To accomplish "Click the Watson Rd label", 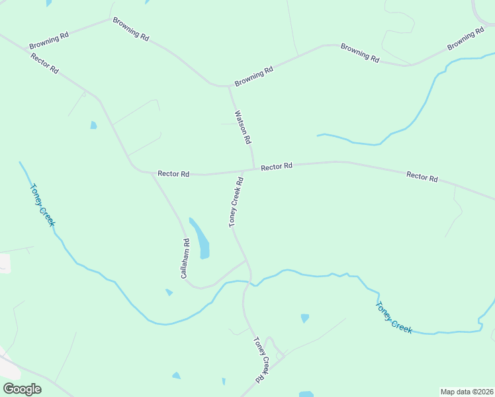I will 243,127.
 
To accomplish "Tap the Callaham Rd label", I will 186,253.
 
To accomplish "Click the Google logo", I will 22,389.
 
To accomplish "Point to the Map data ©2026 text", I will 467,392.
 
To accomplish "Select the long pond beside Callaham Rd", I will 201,238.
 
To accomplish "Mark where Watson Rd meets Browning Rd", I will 228,85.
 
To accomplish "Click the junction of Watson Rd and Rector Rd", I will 254,169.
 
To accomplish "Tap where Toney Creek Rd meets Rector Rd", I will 242,172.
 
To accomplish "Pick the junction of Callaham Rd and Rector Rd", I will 152,173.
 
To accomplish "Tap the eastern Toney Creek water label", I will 394,318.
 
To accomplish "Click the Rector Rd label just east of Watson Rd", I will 277,167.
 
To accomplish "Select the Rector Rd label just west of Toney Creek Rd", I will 173,174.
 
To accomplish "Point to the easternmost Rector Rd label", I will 422,177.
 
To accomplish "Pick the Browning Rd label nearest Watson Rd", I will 253,75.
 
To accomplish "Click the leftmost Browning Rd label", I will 49,41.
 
